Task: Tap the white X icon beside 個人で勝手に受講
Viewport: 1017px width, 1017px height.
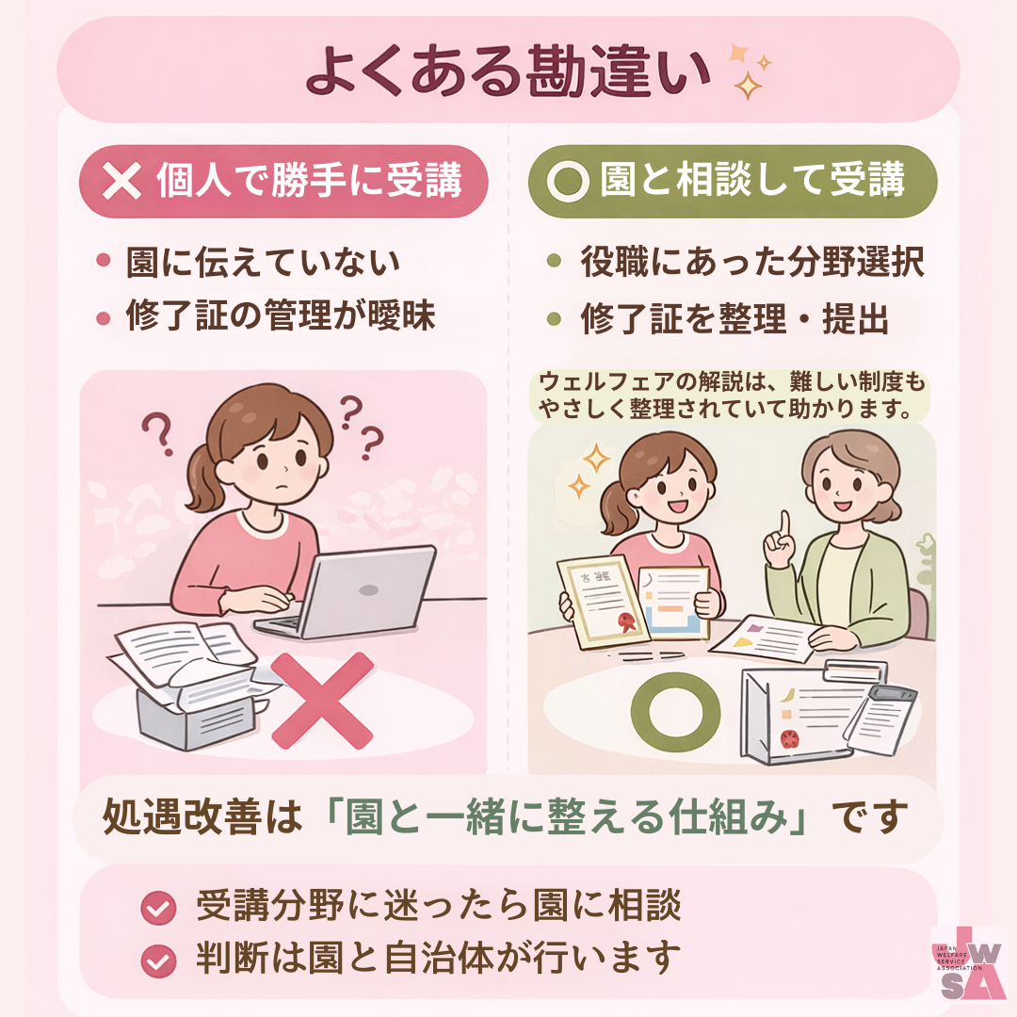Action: point(121,180)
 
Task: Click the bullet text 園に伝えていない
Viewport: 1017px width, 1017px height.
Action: point(263,262)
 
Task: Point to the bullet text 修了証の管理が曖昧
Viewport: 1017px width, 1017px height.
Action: point(281,315)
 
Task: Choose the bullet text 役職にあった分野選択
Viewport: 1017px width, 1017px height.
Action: point(752,262)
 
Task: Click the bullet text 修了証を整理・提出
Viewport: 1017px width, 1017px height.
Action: point(734,318)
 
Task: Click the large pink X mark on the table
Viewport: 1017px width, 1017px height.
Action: point(322,701)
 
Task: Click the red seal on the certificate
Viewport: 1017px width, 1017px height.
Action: point(626,622)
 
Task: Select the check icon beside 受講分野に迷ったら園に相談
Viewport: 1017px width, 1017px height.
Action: point(158,908)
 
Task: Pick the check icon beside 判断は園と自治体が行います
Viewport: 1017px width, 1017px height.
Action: point(158,960)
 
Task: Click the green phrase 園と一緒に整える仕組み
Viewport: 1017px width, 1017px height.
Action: point(566,816)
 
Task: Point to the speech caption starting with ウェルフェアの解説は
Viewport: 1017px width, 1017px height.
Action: point(731,395)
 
